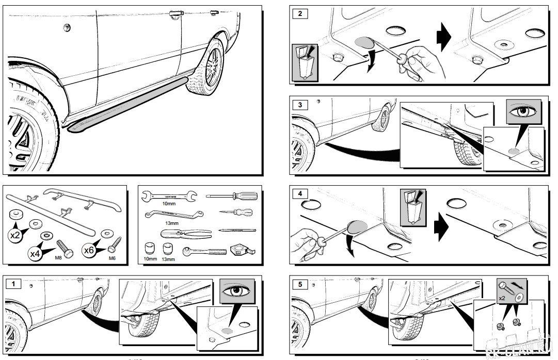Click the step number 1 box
tap(14, 283)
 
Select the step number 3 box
tap(300, 105)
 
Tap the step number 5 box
tap(300, 283)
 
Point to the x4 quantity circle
tap(35, 253)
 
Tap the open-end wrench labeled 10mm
tap(169, 195)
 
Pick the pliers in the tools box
tap(186, 233)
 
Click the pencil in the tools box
tap(237, 230)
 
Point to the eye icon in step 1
tap(237, 291)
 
